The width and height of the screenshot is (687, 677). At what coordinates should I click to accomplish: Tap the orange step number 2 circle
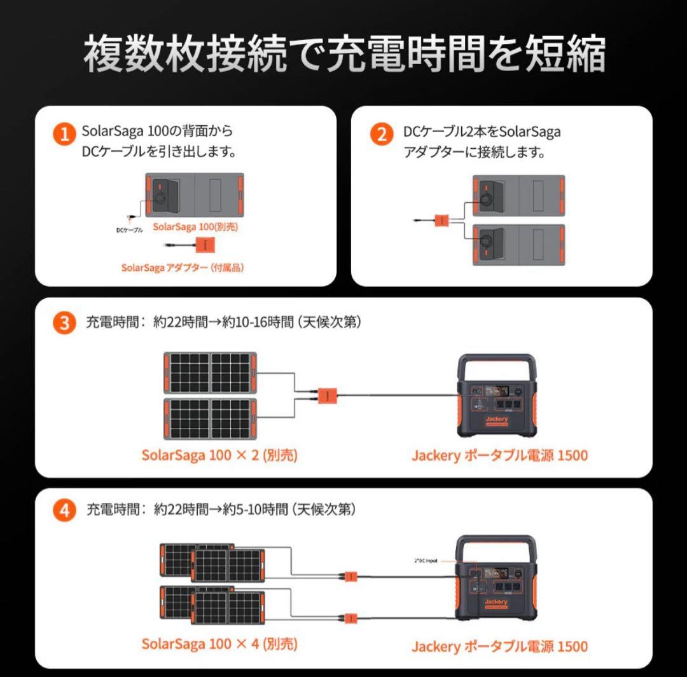tap(381, 134)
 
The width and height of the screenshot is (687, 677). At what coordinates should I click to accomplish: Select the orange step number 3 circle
tap(64, 323)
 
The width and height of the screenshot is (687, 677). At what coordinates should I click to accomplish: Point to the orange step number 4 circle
tap(64, 510)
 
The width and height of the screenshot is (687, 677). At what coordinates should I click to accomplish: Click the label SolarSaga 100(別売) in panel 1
tap(191, 226)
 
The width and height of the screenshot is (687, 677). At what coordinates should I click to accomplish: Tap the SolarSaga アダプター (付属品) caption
tap(183, 268)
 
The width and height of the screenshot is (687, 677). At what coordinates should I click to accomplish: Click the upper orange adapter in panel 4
tap(350, 576)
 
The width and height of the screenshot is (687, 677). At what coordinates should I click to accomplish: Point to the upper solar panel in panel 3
tap(210, 373)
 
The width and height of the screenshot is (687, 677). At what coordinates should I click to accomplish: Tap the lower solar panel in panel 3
tap(210, 419)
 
